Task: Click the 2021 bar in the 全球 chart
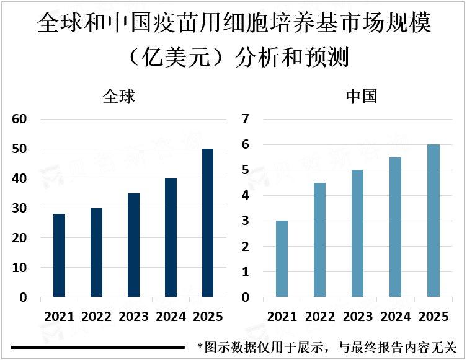click(x=59, y=255)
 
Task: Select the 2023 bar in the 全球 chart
click(x=133, y=245)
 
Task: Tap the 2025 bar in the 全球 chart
click(x=208, y=223)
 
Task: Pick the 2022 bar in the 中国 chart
click(x=319, y=240)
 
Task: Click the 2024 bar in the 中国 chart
click(x=394, y=227)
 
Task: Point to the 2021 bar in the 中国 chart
click(x=282, y=259)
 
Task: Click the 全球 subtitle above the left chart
click(x=118, y=97)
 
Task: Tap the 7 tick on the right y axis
click(x=245, y=119)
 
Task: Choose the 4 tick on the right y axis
click(x=245, y=195)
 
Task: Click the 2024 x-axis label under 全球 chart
click(x=171, y=316)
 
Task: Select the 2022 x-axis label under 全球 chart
click(x=96, y=316)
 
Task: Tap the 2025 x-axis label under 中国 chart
click(x=432, y=316)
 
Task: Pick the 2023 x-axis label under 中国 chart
click(x=357, y=316)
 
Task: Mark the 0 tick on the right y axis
click(x=245, y=297)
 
